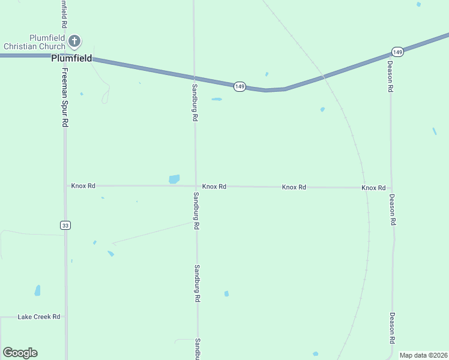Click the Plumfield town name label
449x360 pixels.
(x=71, y=59)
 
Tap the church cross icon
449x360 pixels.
(x=74, y=41)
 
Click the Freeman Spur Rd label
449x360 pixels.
(x=65, y=97)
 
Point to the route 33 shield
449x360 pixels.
(x=65, y=225)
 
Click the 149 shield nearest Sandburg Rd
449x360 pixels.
(x=240, y=86)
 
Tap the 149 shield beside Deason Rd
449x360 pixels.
(x=398, y=52)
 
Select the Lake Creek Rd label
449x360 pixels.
(x=39, y=316)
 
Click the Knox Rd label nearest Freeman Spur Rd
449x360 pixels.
(x=83, y=186)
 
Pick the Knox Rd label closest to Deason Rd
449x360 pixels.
(x=373, y=188)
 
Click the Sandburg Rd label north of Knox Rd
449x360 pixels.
(x=194, y=103)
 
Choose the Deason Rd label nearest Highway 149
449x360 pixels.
(x=390, y=76)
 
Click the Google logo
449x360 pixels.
(x=20, y=353)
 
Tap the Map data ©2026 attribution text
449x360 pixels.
(x=423, y=355)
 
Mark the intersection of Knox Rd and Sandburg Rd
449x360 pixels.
(x=195, y=186)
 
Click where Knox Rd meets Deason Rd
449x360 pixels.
(x=391, y=188)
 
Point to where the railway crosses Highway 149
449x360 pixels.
(x=324, y=77)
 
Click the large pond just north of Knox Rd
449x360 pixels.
(x=174, y=179)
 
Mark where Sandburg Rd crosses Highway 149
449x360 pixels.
(x=194, y=77)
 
